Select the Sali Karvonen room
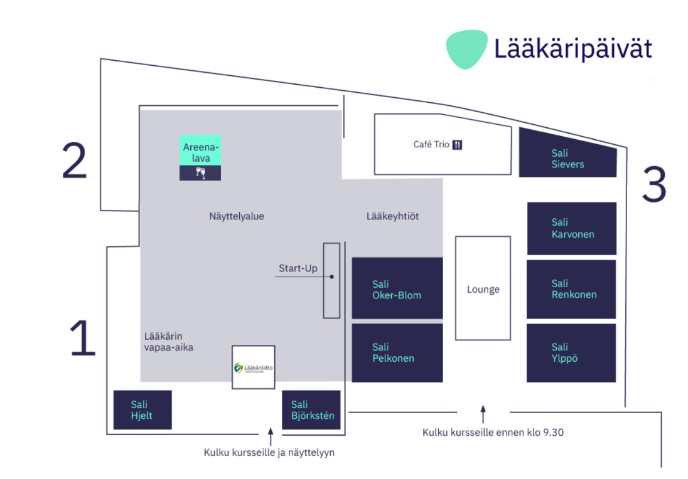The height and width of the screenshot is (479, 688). point(571,228)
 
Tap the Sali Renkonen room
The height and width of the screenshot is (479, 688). point(571,289)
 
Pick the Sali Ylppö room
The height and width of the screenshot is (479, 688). point(571,352)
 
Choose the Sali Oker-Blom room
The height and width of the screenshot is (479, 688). point(397,289)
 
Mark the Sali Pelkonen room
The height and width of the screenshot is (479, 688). point(397,352)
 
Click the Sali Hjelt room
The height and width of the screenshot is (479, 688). point(142,410)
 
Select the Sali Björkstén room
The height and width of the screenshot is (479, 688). point(311,410)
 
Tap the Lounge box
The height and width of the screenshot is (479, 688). point(483,288)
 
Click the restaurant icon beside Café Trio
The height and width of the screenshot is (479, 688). point(458,145)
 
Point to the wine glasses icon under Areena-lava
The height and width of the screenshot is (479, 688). point(200,172)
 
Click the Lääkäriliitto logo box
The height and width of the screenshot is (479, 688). point(253,367)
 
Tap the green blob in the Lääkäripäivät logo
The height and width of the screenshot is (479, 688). point(466,50)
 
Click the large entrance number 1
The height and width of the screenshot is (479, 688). point(82,339)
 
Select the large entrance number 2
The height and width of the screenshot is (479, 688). point(74,162)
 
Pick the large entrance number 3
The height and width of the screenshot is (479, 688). point(653,184)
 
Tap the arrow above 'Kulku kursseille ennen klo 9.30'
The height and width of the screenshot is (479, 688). point(483,414)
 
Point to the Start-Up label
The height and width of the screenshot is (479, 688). point(298,269)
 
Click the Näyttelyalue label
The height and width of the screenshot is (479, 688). point(237,216)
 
